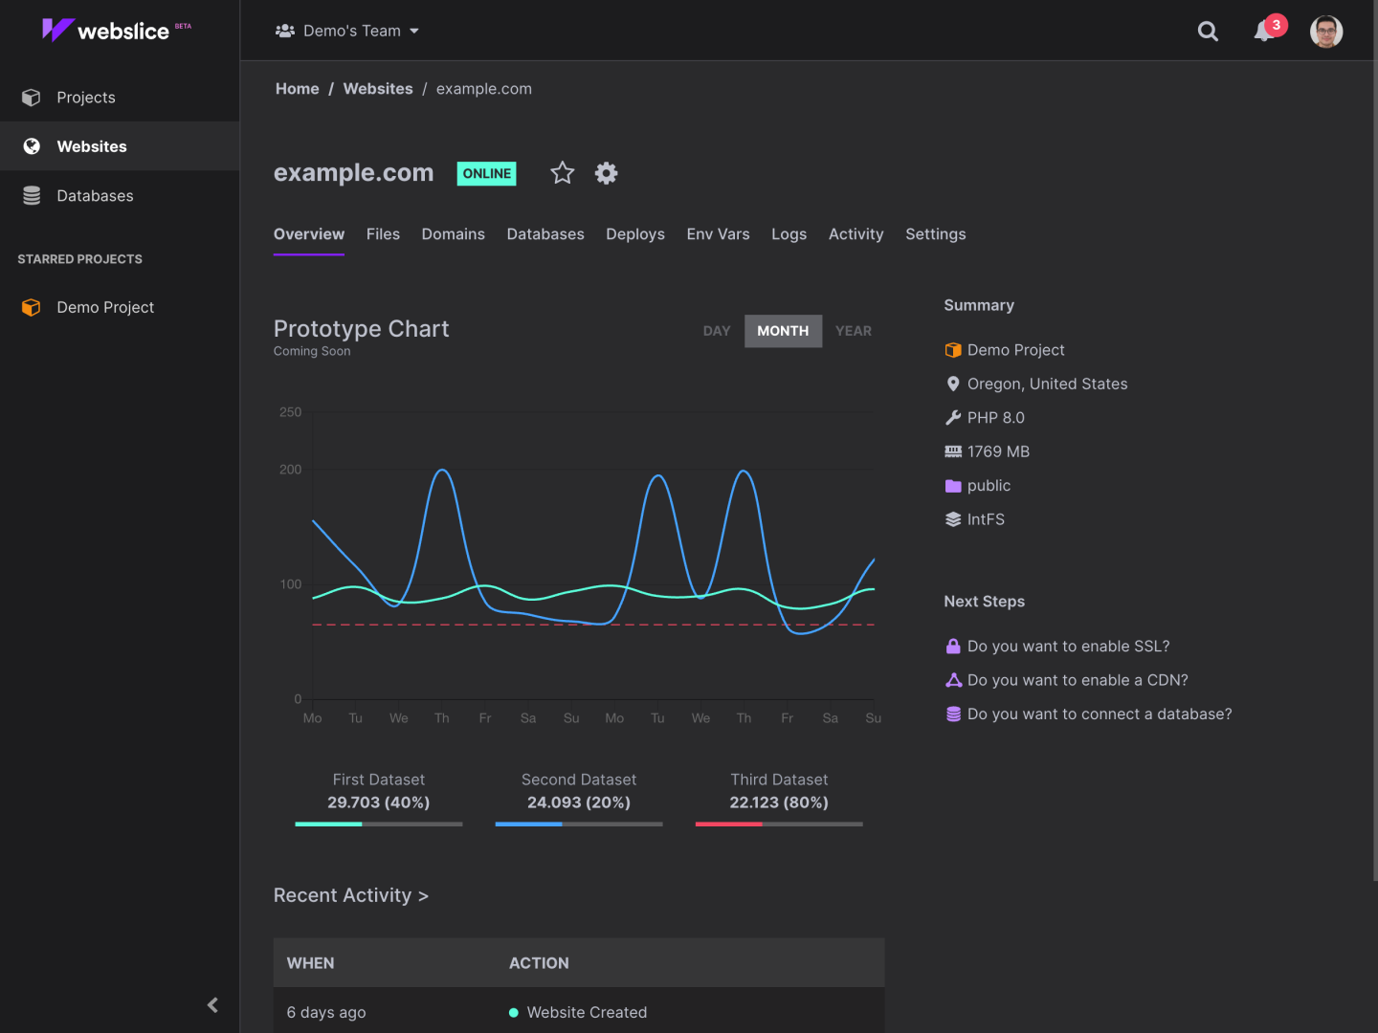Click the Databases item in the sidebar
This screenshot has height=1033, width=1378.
click(x=94, y=196)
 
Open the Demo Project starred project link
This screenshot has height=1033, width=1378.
click(x=104, y=307)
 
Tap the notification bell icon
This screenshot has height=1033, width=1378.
click(x=1264, y=32)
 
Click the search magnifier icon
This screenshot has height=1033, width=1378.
click(x=1208, y=32)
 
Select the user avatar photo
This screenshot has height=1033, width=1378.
click(x=1325, y=32)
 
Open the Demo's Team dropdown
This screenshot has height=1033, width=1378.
click(x=347, y=31)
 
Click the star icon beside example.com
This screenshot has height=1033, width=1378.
click(x=563, y=173)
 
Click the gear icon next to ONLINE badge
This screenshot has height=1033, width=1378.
click(x=607, y=173)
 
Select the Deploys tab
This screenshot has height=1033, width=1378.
click(x=634, y=234)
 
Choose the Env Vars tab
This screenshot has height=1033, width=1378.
click(x=718, y=234)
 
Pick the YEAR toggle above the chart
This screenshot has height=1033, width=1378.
click(x=853, y=331)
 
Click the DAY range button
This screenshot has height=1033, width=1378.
click(x=717, y=331)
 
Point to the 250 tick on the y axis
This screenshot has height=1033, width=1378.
click(x=290, y=412)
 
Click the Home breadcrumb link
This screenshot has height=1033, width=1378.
click(x=297, y=89)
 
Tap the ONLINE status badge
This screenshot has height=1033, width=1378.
click(x=486, y=173)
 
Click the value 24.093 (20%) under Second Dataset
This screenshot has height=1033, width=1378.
click(x=578, y=802)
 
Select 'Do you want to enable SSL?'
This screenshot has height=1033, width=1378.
click(x=1068, y=647)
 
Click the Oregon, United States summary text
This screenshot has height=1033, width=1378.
click(x=1047, y=384)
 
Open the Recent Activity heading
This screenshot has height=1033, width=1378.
click(x=350, y=895)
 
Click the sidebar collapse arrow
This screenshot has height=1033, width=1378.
click(x=212, y=1004)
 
